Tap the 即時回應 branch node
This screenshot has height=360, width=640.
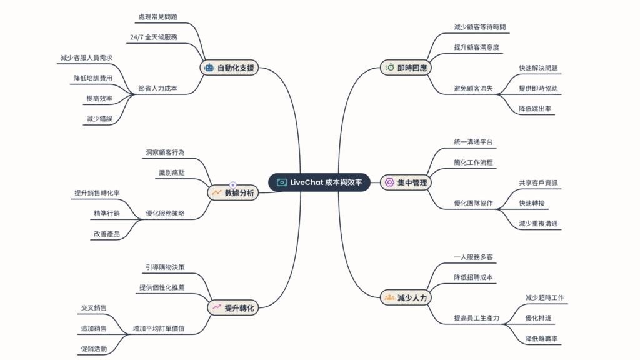[x=406, y=67]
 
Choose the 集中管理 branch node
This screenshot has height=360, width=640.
[x=406, y=182]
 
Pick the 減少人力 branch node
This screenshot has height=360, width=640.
[x=406, y=297]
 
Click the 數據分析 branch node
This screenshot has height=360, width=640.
[x=232, y=194]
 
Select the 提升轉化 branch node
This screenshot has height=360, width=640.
[x=232, y=307]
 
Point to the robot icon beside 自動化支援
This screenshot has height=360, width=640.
[x=209, y=68]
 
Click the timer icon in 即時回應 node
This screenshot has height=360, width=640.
[x=389, y=67]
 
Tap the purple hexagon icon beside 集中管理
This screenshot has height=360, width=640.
[x=389, y=182]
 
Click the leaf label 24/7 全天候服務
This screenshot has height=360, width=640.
[x=154, y=37]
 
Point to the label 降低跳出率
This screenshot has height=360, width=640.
[x=535, y=109]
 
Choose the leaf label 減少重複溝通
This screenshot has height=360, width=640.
[x=539, y=223]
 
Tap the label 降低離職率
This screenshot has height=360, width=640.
[x=541, y=338]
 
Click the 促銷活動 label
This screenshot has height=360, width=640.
[x=94, y=348]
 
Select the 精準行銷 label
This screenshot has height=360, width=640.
[x=106, y=213]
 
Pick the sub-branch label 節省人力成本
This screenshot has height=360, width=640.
[x=158, y=89]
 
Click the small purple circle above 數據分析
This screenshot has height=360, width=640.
[x=232, y=184]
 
